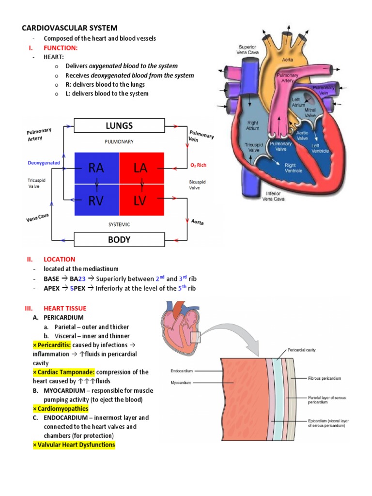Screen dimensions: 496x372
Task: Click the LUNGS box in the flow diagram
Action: pos(119,126)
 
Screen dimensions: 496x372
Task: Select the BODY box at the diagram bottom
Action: pos(119,239)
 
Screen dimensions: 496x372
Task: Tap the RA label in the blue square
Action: pos(96,168)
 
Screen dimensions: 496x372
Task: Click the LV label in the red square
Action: pos(141,201)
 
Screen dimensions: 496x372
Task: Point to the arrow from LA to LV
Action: pos(141,184)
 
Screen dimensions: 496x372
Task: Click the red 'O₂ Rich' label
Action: pos(198,165)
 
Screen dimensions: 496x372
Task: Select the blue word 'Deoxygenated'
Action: pos(44,163)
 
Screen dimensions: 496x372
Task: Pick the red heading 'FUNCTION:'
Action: pos(61,47)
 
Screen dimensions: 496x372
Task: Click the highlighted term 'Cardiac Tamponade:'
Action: pos(64,372)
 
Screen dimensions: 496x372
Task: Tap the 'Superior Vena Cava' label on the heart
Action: pos(248,49)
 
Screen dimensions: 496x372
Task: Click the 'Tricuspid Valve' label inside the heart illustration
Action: pos(253,147)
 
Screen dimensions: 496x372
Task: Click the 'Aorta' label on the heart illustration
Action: pos(288,60)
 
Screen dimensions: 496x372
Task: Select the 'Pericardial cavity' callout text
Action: pos(301,349)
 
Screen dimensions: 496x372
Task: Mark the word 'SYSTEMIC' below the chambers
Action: pos(119,224)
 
